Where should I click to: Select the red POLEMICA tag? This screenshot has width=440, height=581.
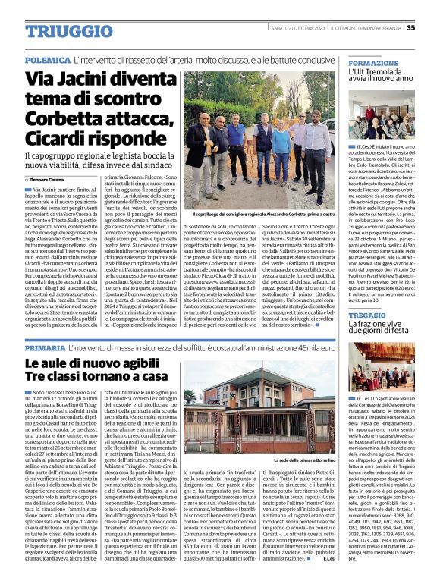pos(47,59)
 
